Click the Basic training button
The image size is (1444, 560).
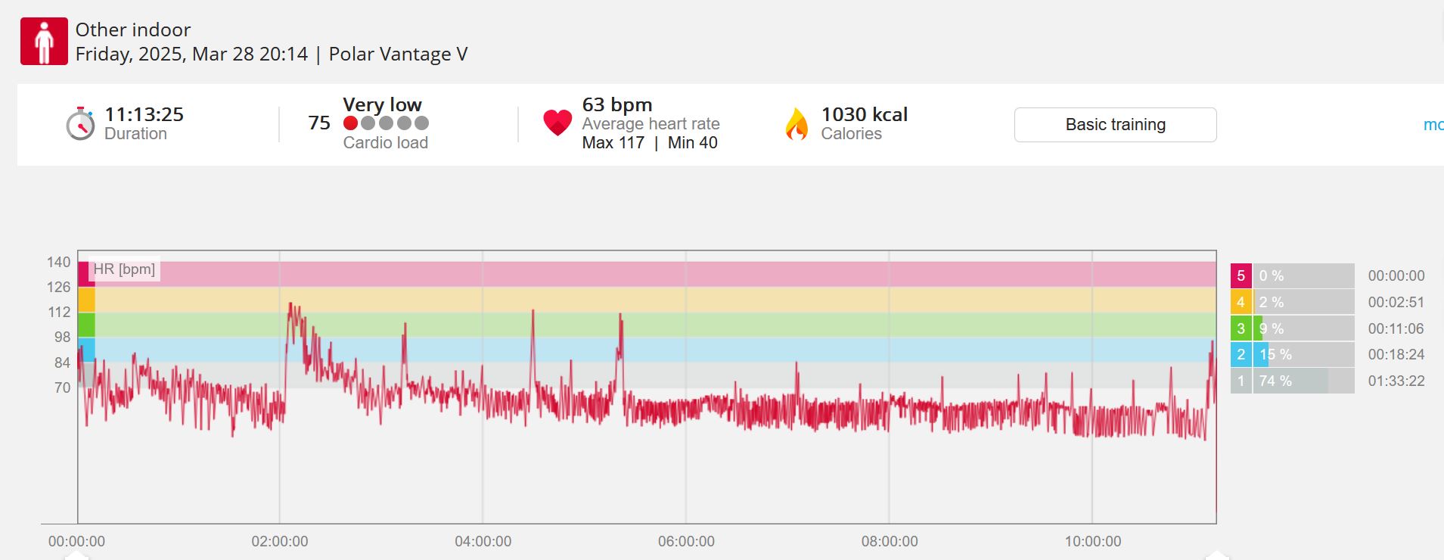point(1115,125)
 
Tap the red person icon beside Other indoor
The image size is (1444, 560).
point(44,42)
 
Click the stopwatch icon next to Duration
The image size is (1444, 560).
point(80,123)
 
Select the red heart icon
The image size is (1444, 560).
point(557,123)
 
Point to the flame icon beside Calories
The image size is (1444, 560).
point(797,124)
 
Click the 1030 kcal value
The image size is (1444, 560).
point(865,114)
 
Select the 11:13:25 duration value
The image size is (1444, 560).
point(144,114)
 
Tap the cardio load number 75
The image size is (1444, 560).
point(319,123)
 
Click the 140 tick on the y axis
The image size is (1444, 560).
point(58,262)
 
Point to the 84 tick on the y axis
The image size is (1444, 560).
point(62,362)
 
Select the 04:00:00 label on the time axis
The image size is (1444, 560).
point(483,541)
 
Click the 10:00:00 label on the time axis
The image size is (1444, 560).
point(1093,541)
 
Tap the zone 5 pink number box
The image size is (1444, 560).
point(1241,276)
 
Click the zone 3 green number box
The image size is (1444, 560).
point(1241,328)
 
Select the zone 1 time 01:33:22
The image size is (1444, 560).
point(1396,381)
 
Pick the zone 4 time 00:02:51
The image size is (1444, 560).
point(1396,302)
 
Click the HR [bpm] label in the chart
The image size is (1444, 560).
point(124,269)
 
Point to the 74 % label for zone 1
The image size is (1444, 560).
point(1275,381)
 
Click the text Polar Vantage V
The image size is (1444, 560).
point(398,54)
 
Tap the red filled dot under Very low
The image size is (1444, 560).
point(350,123)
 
